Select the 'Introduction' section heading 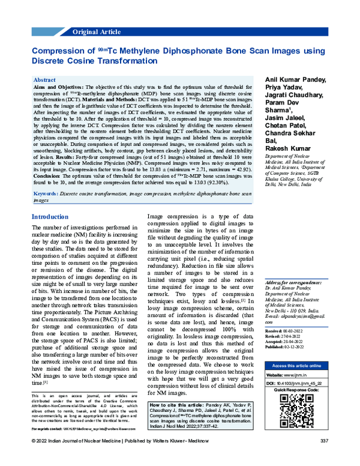coord(50,217)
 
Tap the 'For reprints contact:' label coord(47,446)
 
